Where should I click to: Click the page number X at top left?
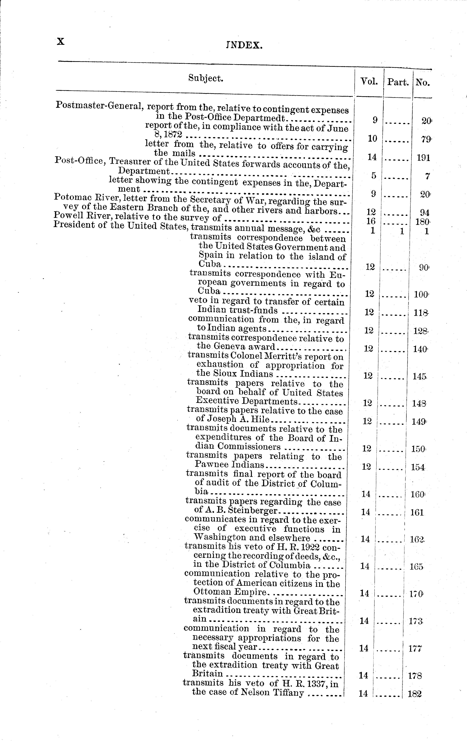pyautogui.click(x=60, y=42)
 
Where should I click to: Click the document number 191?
pyautogui.click(x=423, y=158)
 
